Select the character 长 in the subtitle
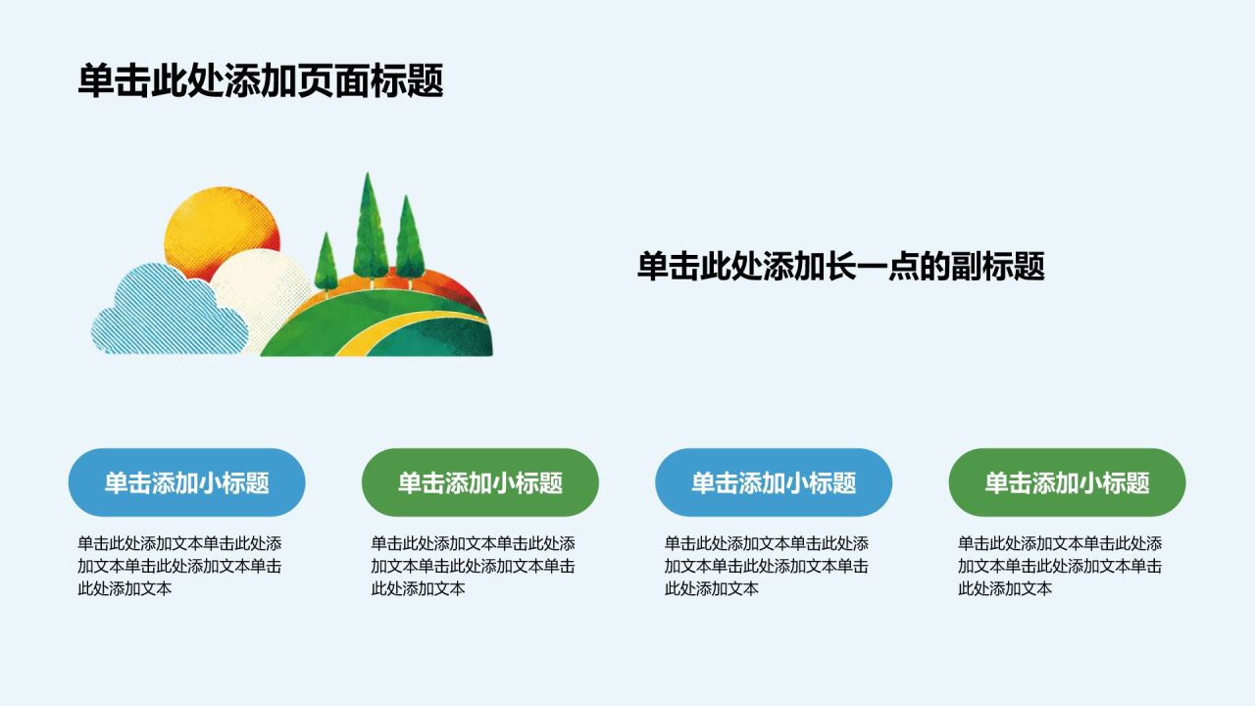[841, 266]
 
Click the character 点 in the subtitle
[904, 266]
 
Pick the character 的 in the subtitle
[935, 266]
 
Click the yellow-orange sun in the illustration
[222, 230]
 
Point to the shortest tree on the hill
[326, 264]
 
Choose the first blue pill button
[186, 482]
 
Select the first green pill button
[480, 482]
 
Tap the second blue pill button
[774, 482]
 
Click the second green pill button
[1068, 482]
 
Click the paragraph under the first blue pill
[179, 566]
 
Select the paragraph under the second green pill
[1060, 566]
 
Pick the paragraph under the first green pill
[474, 566]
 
